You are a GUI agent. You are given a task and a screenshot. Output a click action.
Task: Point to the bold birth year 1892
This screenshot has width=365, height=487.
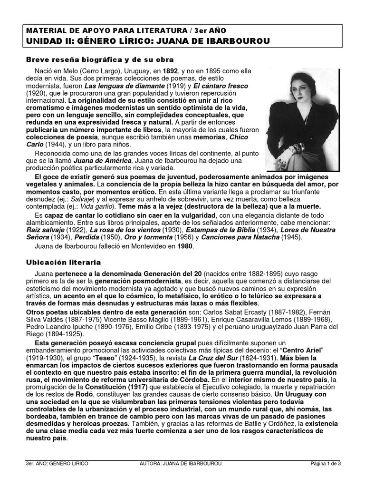click(x=172, y=70)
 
